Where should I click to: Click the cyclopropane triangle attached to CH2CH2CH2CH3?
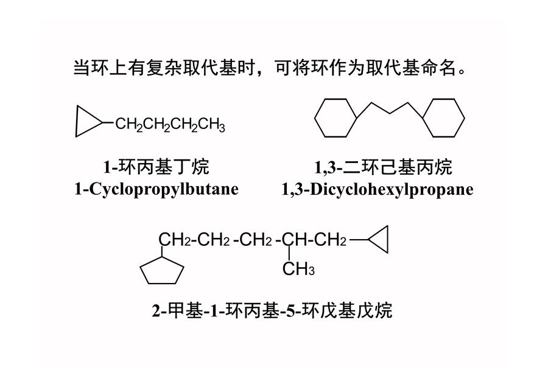pos(76,121)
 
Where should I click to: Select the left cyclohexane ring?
pos(315,118)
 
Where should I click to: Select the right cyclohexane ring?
pos(465,118)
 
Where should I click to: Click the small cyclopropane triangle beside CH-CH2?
pos(387,240)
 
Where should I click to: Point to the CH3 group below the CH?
pos(298,269)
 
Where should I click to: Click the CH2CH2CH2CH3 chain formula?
pos(170,125)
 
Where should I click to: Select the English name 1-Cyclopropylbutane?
pos(156,189)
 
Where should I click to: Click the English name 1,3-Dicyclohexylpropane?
pos(378,189)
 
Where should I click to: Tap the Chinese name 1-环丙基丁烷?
pos(156,167)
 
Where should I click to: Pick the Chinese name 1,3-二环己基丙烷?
pos(383,167)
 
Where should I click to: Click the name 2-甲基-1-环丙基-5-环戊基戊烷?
pos(272,310)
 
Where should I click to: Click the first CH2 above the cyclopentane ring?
pos(175,240)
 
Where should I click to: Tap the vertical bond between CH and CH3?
pos(289,254)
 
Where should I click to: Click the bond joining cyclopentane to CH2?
pos(162,252)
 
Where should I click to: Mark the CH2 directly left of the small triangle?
pos(330,240)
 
